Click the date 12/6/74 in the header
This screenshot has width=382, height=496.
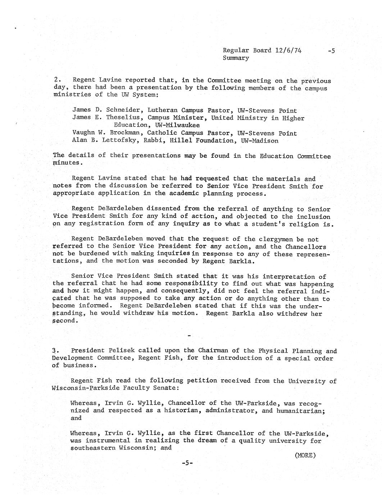pyautogui.click(x=288, y=50)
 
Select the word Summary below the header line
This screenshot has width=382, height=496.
pyautogui.click(x=236, y=58)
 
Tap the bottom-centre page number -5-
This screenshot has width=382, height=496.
pyautogui.click(x=187, y=463)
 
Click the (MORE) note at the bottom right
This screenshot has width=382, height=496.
pyautogui.click(x=305, y=455)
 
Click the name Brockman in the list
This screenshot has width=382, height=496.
pyautogui.click(x=127, y=133)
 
